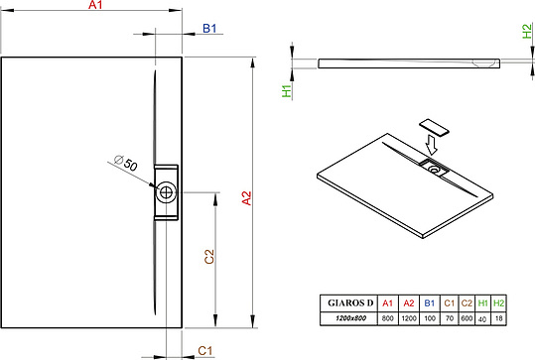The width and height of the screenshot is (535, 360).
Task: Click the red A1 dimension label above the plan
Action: [x=95, y=5]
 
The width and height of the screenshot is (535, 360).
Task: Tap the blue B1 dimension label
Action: [x=209, y=29]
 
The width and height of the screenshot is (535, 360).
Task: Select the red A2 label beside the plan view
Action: [x=246, y=198]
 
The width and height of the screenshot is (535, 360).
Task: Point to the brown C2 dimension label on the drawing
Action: [x=209, y=257]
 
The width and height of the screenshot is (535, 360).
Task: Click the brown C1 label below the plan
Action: [x=205, y=350]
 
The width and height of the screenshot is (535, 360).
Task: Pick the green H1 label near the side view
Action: [x=287, y=91]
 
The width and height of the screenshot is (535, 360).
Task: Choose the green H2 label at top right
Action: [x=527, y=31]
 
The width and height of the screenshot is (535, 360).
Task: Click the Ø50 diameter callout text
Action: [x=126, y=163]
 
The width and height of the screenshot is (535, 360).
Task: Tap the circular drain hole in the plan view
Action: [x=166, y=192]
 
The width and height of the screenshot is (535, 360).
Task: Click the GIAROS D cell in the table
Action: [x=350, y=302]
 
